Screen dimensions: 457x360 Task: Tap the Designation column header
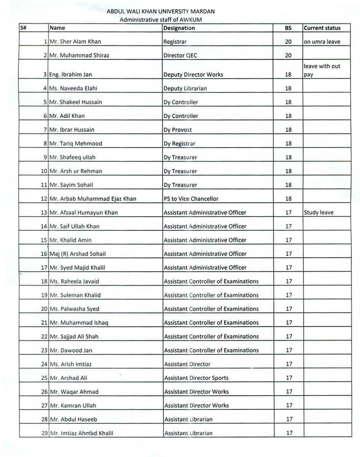tap(179, 28)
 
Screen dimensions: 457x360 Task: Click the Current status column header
tap(322, 28)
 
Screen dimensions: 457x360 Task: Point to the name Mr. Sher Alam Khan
tap(75, 42)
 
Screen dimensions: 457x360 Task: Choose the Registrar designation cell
tap(175, 42)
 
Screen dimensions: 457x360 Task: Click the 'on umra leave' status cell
tap(322, 42)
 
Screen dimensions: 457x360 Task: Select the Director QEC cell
tap(180, 55)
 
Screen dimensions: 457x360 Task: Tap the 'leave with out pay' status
tap(322, 70)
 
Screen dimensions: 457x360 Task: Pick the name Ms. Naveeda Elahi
tap(73, 89)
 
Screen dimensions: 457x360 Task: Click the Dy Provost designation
tap(178, 130)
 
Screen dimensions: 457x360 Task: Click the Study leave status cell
tap(319, 213)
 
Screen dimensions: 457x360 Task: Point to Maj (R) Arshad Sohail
tap(78, 254)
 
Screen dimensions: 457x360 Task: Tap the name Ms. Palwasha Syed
tap(74, 309)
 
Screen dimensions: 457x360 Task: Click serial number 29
tap(44, 433)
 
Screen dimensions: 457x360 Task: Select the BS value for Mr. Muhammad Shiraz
tap(289, 55)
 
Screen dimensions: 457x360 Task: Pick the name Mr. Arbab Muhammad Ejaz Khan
tap(93, 199)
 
